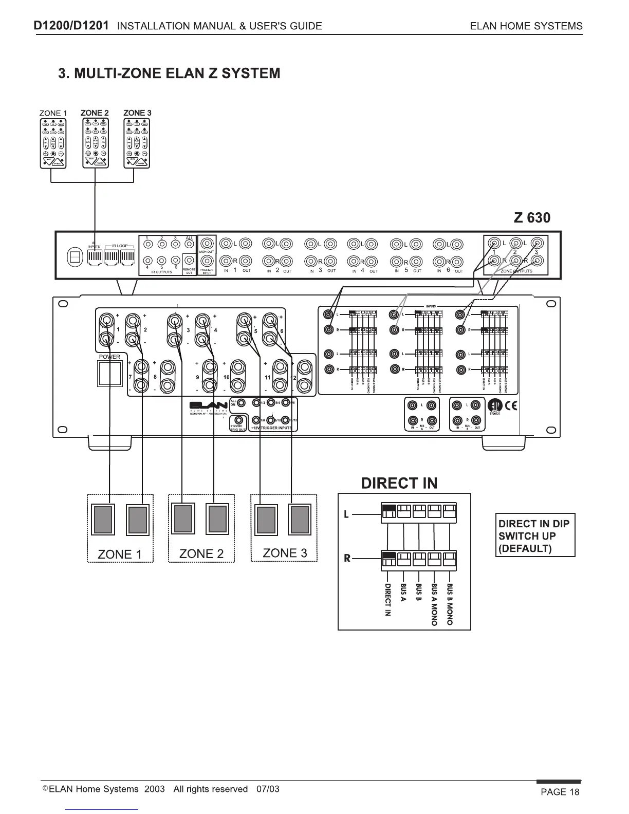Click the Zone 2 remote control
pos(95,143)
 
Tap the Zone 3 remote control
pos(137,143)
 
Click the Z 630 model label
pos(532,218)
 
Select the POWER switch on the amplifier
pos(109,374)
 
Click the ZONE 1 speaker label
pos(119,554)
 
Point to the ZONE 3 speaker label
pos(285,553)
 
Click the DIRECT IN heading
pos(399,483)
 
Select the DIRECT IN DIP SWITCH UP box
pos(535,535)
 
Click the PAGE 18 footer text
pos(560,792)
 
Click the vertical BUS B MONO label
pos(450,604)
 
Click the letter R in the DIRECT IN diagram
pos(347,558)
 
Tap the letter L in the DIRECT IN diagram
pos(346,514)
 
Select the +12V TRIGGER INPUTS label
pos(271,428)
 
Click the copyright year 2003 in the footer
pos(155,789)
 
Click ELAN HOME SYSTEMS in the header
pos(526,26)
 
